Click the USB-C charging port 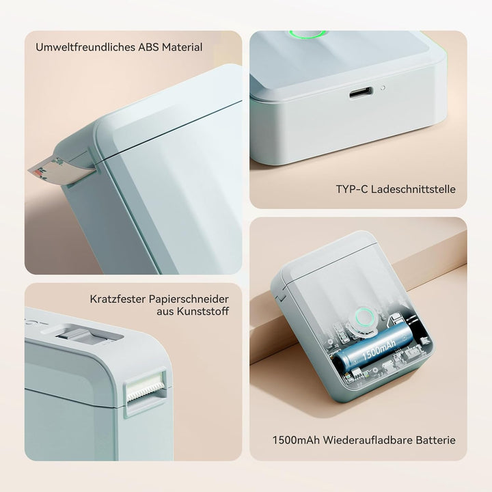pyautogui.click(x=361, y=92)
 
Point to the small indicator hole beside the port pyautogui.click(x=383, y=88)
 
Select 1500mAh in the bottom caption pyautogui.click(x=296, y=440)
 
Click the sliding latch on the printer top pyautogui.click(x=76, y=335)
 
